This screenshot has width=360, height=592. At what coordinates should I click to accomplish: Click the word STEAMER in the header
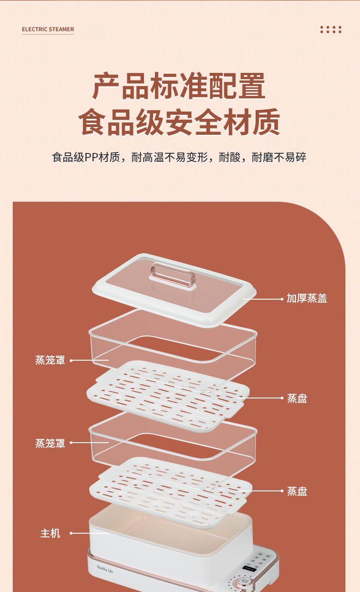(61, 29)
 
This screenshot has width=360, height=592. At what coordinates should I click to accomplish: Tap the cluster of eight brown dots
(331, 30)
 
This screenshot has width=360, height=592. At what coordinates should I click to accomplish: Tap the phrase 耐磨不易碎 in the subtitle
(279, 158)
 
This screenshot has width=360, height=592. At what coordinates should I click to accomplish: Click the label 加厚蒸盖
(307, 298)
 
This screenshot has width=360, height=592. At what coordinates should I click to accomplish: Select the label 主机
(50, 533)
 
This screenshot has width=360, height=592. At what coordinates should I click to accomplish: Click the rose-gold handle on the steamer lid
(172, 275)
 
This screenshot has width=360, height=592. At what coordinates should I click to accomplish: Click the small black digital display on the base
(250, 566)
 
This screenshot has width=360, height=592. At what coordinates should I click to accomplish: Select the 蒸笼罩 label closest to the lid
(50, 360)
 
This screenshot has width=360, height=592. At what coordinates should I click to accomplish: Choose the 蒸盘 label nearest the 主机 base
(297, 491)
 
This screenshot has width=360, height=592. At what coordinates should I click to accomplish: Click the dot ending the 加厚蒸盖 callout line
(282, 299)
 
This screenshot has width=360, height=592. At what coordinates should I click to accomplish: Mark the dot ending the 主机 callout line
(71, 533)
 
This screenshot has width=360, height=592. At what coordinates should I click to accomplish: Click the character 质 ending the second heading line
(266, 122)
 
